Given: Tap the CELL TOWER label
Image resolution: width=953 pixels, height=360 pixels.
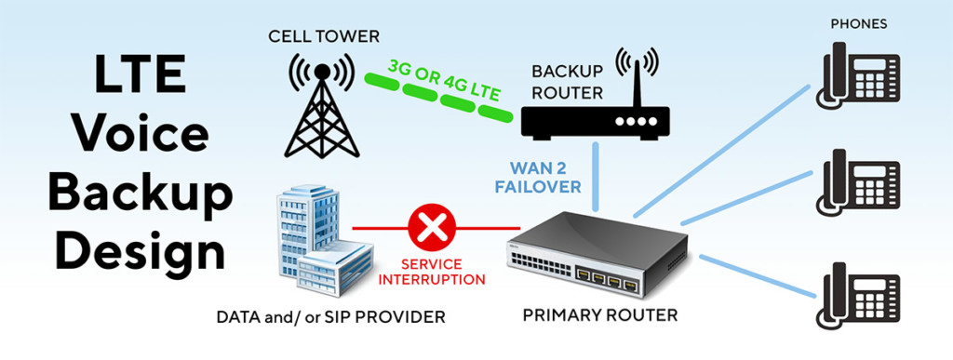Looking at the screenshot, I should [x=323, y=36].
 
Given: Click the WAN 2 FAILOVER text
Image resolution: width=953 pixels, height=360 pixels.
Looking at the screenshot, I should [x=544, y=178].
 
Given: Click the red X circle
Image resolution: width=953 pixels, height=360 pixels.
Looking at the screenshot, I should [x=428, y=226].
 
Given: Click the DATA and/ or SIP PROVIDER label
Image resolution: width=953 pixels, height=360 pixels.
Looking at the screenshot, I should [x=330, y=317].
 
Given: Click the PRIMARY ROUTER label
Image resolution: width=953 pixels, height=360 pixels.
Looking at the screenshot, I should [x=599, y=315].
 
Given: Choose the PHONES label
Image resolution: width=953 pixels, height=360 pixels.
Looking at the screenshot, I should [x=858, y=23].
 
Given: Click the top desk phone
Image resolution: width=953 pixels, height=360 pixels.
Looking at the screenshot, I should [x=858, y=77].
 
